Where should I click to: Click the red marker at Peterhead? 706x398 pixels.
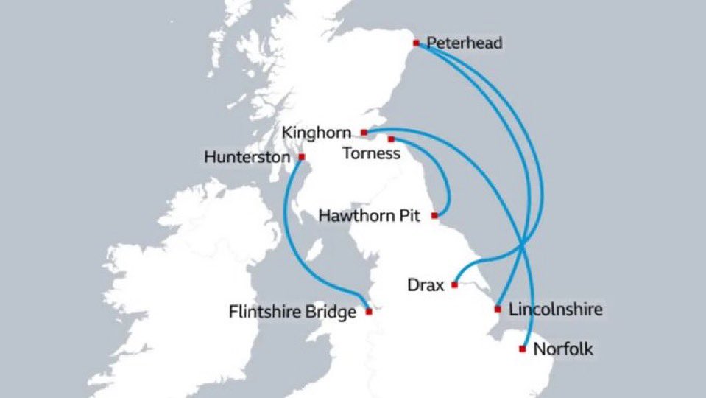pyautogui.click(x=416, y=43)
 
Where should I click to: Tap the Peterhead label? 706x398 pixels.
pyautogui.click(x=465, y=43)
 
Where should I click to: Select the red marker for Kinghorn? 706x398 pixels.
pyautogui.click(x=364, y=133)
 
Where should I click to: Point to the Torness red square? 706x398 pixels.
pyautogui.click(x=391, y=139)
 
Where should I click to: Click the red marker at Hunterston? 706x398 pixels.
pyautogui.click(x=302, y=156)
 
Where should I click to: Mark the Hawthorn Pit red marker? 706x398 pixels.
pyautogui.click(x=434, y=215)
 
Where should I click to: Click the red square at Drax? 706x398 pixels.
pyautogui.click(x=454, y=284)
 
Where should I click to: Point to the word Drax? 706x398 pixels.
pyautogui.click(x=426, y=284)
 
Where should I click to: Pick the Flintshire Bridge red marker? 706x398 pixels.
pyautogui.click(x=369, y=311)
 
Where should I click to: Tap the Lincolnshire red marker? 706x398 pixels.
pyautogui.click(x=498, y=308)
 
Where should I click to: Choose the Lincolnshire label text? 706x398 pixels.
pyautogui.click(x=556, y=308)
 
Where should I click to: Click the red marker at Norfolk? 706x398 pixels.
pyautogui.click(x=523, y=348)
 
